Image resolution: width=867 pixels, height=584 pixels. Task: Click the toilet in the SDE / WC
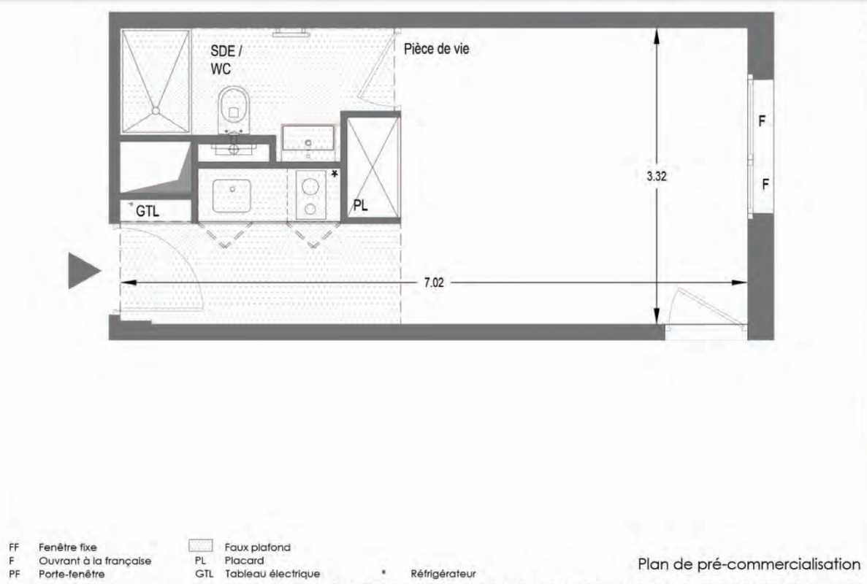pos(234,110)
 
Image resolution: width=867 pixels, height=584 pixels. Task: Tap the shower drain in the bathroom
pos(156,110)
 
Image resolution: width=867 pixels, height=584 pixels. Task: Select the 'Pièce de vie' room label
pos(436,49)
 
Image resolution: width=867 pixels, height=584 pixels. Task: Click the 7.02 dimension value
pos(434,283)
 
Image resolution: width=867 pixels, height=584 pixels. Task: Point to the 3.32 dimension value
pos(657,176)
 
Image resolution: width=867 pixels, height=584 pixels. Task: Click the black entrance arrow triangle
pos(84,271)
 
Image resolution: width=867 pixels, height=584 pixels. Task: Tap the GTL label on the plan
pos(147,211)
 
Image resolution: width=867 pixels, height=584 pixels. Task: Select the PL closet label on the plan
pos(361,206)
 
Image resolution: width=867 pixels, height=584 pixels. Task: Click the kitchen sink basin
pos(232,195)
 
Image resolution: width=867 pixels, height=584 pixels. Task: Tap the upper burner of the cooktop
pos(310,184)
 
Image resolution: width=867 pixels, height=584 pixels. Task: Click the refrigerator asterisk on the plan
pos(335,174)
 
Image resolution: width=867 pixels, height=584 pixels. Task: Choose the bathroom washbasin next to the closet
pos(308,137)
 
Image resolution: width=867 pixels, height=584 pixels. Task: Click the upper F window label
pos(762,121)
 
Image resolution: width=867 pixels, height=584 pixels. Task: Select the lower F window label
pos(765,185)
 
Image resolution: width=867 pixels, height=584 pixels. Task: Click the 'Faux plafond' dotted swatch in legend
pos(201,546)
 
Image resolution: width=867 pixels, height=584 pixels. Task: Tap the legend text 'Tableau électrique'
pos(272,574)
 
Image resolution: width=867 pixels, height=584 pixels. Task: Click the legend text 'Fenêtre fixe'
pos(67,547)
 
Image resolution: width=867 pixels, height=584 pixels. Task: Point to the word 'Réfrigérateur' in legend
pos(443,574)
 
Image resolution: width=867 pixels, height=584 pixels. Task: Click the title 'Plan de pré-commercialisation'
pos(749,564)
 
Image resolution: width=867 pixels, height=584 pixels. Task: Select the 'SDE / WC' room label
pos(226,60)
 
